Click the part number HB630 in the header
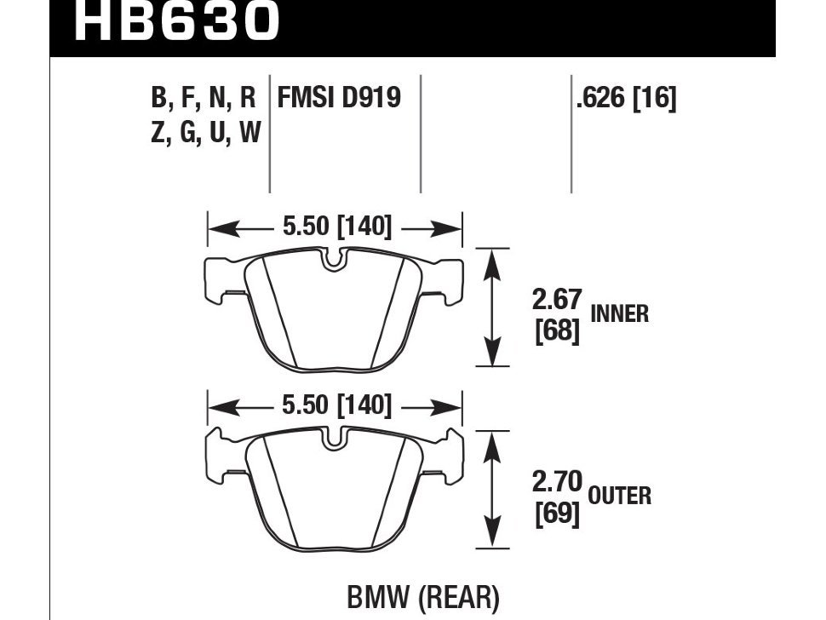pos(177,21)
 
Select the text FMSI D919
pos(339,99)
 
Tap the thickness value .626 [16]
pos(626,99)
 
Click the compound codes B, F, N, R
pos(204,99)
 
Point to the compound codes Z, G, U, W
pos(205,134)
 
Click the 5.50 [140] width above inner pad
pos(336,227)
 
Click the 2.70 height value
pos(557,483)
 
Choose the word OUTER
pos(619,495)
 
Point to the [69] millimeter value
pos(557,514)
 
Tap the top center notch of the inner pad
pos(336,259)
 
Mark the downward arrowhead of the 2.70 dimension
pos(490,538)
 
